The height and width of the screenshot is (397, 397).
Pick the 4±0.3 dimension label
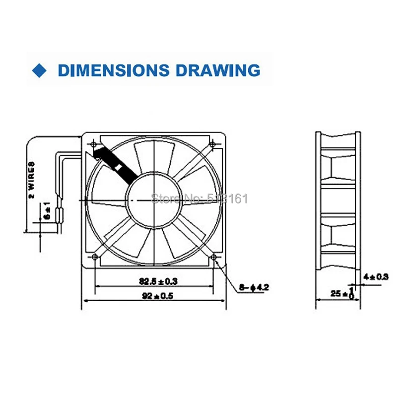tap(376, 277)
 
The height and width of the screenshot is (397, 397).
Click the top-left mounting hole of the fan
tap(94, 143)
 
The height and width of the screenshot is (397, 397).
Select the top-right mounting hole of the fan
tap(213, 143)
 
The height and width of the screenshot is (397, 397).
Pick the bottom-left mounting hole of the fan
tap(94, 257)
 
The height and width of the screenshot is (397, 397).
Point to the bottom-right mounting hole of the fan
tap(213, 257)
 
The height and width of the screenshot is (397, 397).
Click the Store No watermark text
tap(198, 199)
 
